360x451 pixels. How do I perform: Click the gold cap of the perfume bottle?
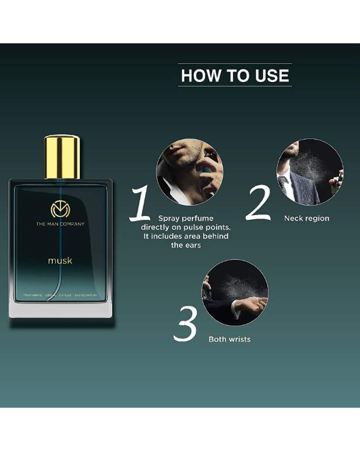pyautogui.click(x=62, y=157)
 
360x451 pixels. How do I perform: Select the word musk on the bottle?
pyautogui.click(x=60, y=260)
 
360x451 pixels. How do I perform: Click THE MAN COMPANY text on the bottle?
pyautogui.click(x=60, y=224)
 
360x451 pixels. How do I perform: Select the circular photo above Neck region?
pyautogui.click(x=310, y=172)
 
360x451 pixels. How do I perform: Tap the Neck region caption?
pyautogui.click(x=306, y=218)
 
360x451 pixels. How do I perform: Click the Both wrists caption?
pyautogui.click(x=229, y=339)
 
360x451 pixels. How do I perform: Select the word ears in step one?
pyautogui.click(x=193, y=245)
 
